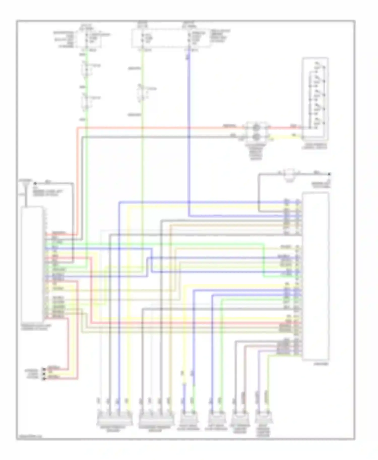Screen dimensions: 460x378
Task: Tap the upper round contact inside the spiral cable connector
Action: [x=256, y=127]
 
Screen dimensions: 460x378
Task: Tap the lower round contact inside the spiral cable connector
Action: [x=256, y=137]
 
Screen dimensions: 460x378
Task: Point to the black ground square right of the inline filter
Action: [x=329, y=174]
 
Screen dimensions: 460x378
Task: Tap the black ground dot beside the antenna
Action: [x=36, y=183]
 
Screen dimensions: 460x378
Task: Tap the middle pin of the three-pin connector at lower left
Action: [x=44, y=374]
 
